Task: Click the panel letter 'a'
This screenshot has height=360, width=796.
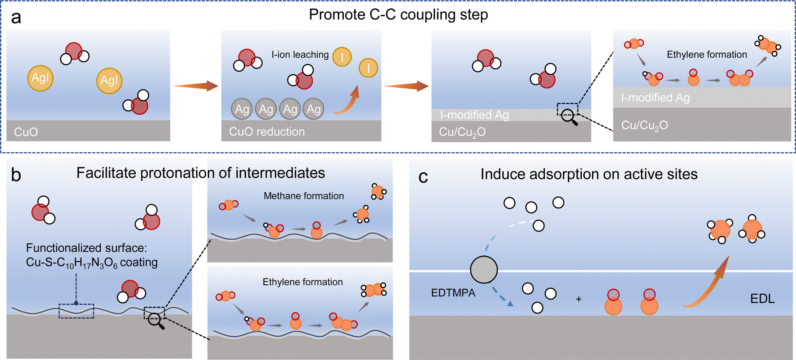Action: click(16, 18)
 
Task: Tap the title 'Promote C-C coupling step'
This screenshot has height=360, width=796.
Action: click(398, 15)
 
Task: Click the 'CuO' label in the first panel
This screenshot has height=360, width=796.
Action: click(26, 132)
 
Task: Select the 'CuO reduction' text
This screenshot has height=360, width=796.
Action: click(267, 132)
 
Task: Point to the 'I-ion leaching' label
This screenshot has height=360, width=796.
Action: click(300, 55)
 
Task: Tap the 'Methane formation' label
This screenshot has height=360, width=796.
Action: click(304, 196)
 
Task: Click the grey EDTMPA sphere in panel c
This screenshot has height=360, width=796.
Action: click(484, 270)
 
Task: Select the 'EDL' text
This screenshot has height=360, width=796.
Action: click(762, 299)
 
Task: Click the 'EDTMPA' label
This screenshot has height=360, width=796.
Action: click(453, 293)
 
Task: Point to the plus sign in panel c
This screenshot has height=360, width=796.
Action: click(579, 299)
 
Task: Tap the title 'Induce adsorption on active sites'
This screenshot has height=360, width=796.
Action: click(589, 174)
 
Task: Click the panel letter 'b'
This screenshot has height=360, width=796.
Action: click(16, 175)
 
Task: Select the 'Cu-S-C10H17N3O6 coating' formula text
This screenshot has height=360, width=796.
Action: click(92, 262)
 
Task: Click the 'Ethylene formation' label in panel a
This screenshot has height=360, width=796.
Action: click(707, 55)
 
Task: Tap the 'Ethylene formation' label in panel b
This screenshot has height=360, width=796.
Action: click(302, 282)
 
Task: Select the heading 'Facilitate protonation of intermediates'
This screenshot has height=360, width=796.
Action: click(201, 173)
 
